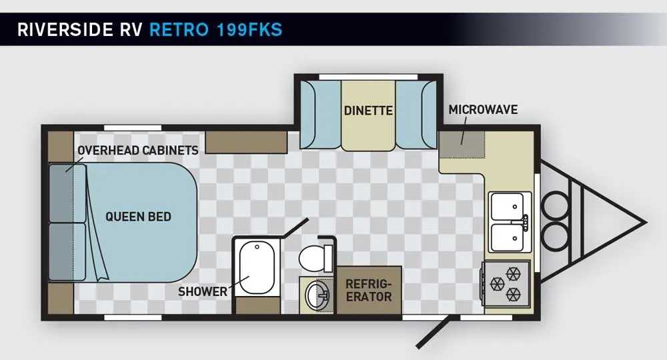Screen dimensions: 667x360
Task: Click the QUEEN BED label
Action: [x=138, y=217]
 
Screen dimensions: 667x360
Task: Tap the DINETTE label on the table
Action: [x=368, y=111]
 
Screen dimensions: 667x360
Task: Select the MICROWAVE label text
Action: [x=483, y=109]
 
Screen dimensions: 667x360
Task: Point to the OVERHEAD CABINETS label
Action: [x=138, y=151]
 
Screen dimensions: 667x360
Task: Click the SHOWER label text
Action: [x=203, y=291]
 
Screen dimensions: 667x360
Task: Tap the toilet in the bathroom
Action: [x=315, y=257]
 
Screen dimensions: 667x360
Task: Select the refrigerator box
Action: [x=369, y=291]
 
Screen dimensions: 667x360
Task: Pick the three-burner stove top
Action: [x=506, y=283]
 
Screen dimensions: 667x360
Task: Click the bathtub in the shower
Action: [x=257, y=267]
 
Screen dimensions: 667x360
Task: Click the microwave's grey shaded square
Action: [x=462, y=145]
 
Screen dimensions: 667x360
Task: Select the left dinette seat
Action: [x=320, y=114]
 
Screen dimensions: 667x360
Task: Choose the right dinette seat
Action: [x=416, y=114]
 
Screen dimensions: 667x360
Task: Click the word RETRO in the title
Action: [x=179, y=30]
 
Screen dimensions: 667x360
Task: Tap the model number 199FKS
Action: [x=249, y=30]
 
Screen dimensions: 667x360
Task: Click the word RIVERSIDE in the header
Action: [x=65, y=30]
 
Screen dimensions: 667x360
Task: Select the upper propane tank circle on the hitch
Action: [x=555, y=206]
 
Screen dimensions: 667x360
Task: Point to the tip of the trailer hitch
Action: [x=646, y=222]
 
